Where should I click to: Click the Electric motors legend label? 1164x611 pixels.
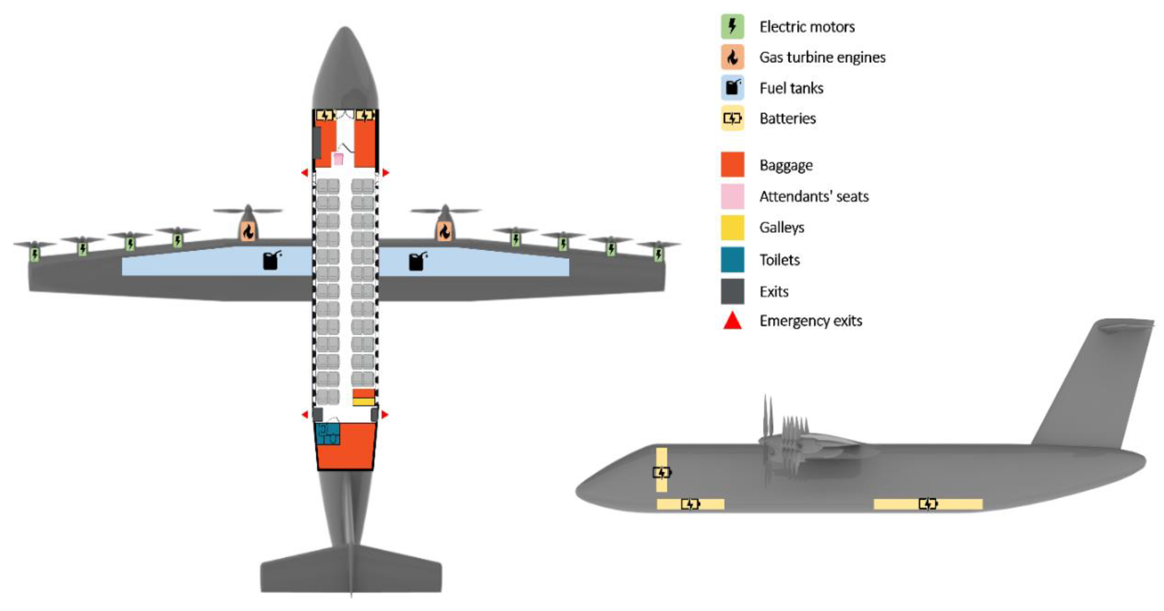(807, 27)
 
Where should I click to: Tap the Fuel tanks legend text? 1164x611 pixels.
(791, 88)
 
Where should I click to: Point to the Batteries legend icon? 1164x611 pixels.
(732, 118)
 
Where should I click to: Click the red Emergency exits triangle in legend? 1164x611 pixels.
(732, 321)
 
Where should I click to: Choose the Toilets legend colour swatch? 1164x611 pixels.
(732, 260)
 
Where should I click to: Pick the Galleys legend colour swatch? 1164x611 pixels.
(732, 227)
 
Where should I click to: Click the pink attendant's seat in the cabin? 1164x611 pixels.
(338, 159)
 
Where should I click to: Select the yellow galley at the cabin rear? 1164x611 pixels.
(363, 402)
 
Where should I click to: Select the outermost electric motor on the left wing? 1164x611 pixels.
(35, 254)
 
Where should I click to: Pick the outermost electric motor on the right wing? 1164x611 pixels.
(658, 254)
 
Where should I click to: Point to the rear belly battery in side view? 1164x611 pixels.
(928, 504)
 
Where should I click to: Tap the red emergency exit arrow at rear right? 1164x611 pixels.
(385, 415)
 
